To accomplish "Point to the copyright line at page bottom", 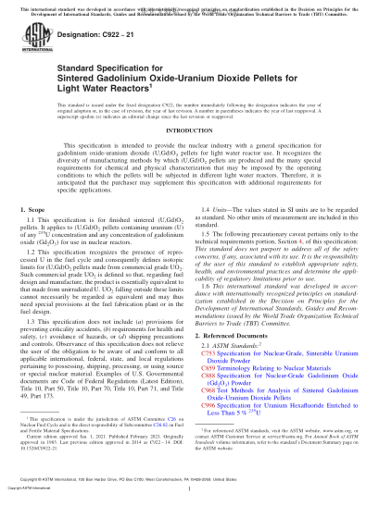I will (x=189, y=498).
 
